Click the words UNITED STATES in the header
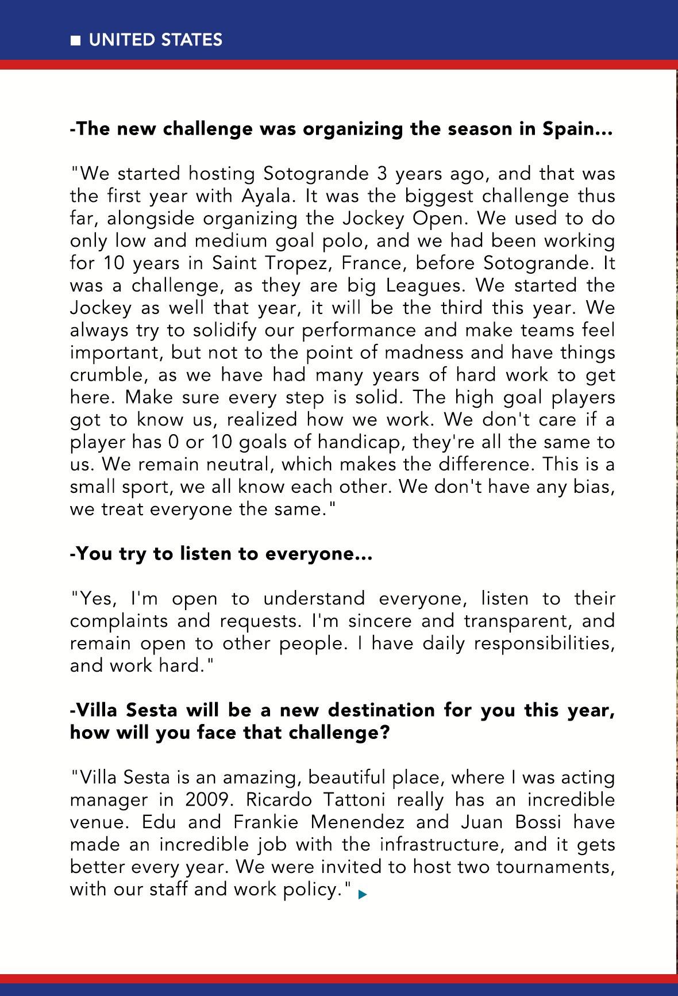(155, 40)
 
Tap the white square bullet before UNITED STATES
(75, 41)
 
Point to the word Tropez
(299, 263)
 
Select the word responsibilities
(544, 643)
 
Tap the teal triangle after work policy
(362, 894)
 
